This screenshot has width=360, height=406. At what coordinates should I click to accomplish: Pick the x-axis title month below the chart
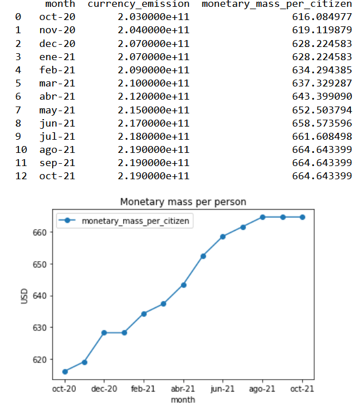(182, 399)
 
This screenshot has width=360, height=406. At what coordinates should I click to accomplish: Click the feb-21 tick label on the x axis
(143, 389)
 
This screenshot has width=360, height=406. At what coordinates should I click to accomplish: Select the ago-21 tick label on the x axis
(262, 389)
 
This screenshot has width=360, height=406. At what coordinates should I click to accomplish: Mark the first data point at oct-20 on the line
(64, 372)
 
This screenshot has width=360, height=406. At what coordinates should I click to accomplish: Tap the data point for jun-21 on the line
(222, 236)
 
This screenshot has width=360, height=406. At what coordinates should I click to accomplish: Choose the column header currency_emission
(138, 5)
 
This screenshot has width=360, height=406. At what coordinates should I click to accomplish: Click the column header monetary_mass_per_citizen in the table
(277, 5)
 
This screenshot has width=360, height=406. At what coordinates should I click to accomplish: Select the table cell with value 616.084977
(322, 17)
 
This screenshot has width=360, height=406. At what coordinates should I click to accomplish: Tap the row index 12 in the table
(19, 175)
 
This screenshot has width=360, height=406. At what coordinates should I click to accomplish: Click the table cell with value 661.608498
(322, 136)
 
